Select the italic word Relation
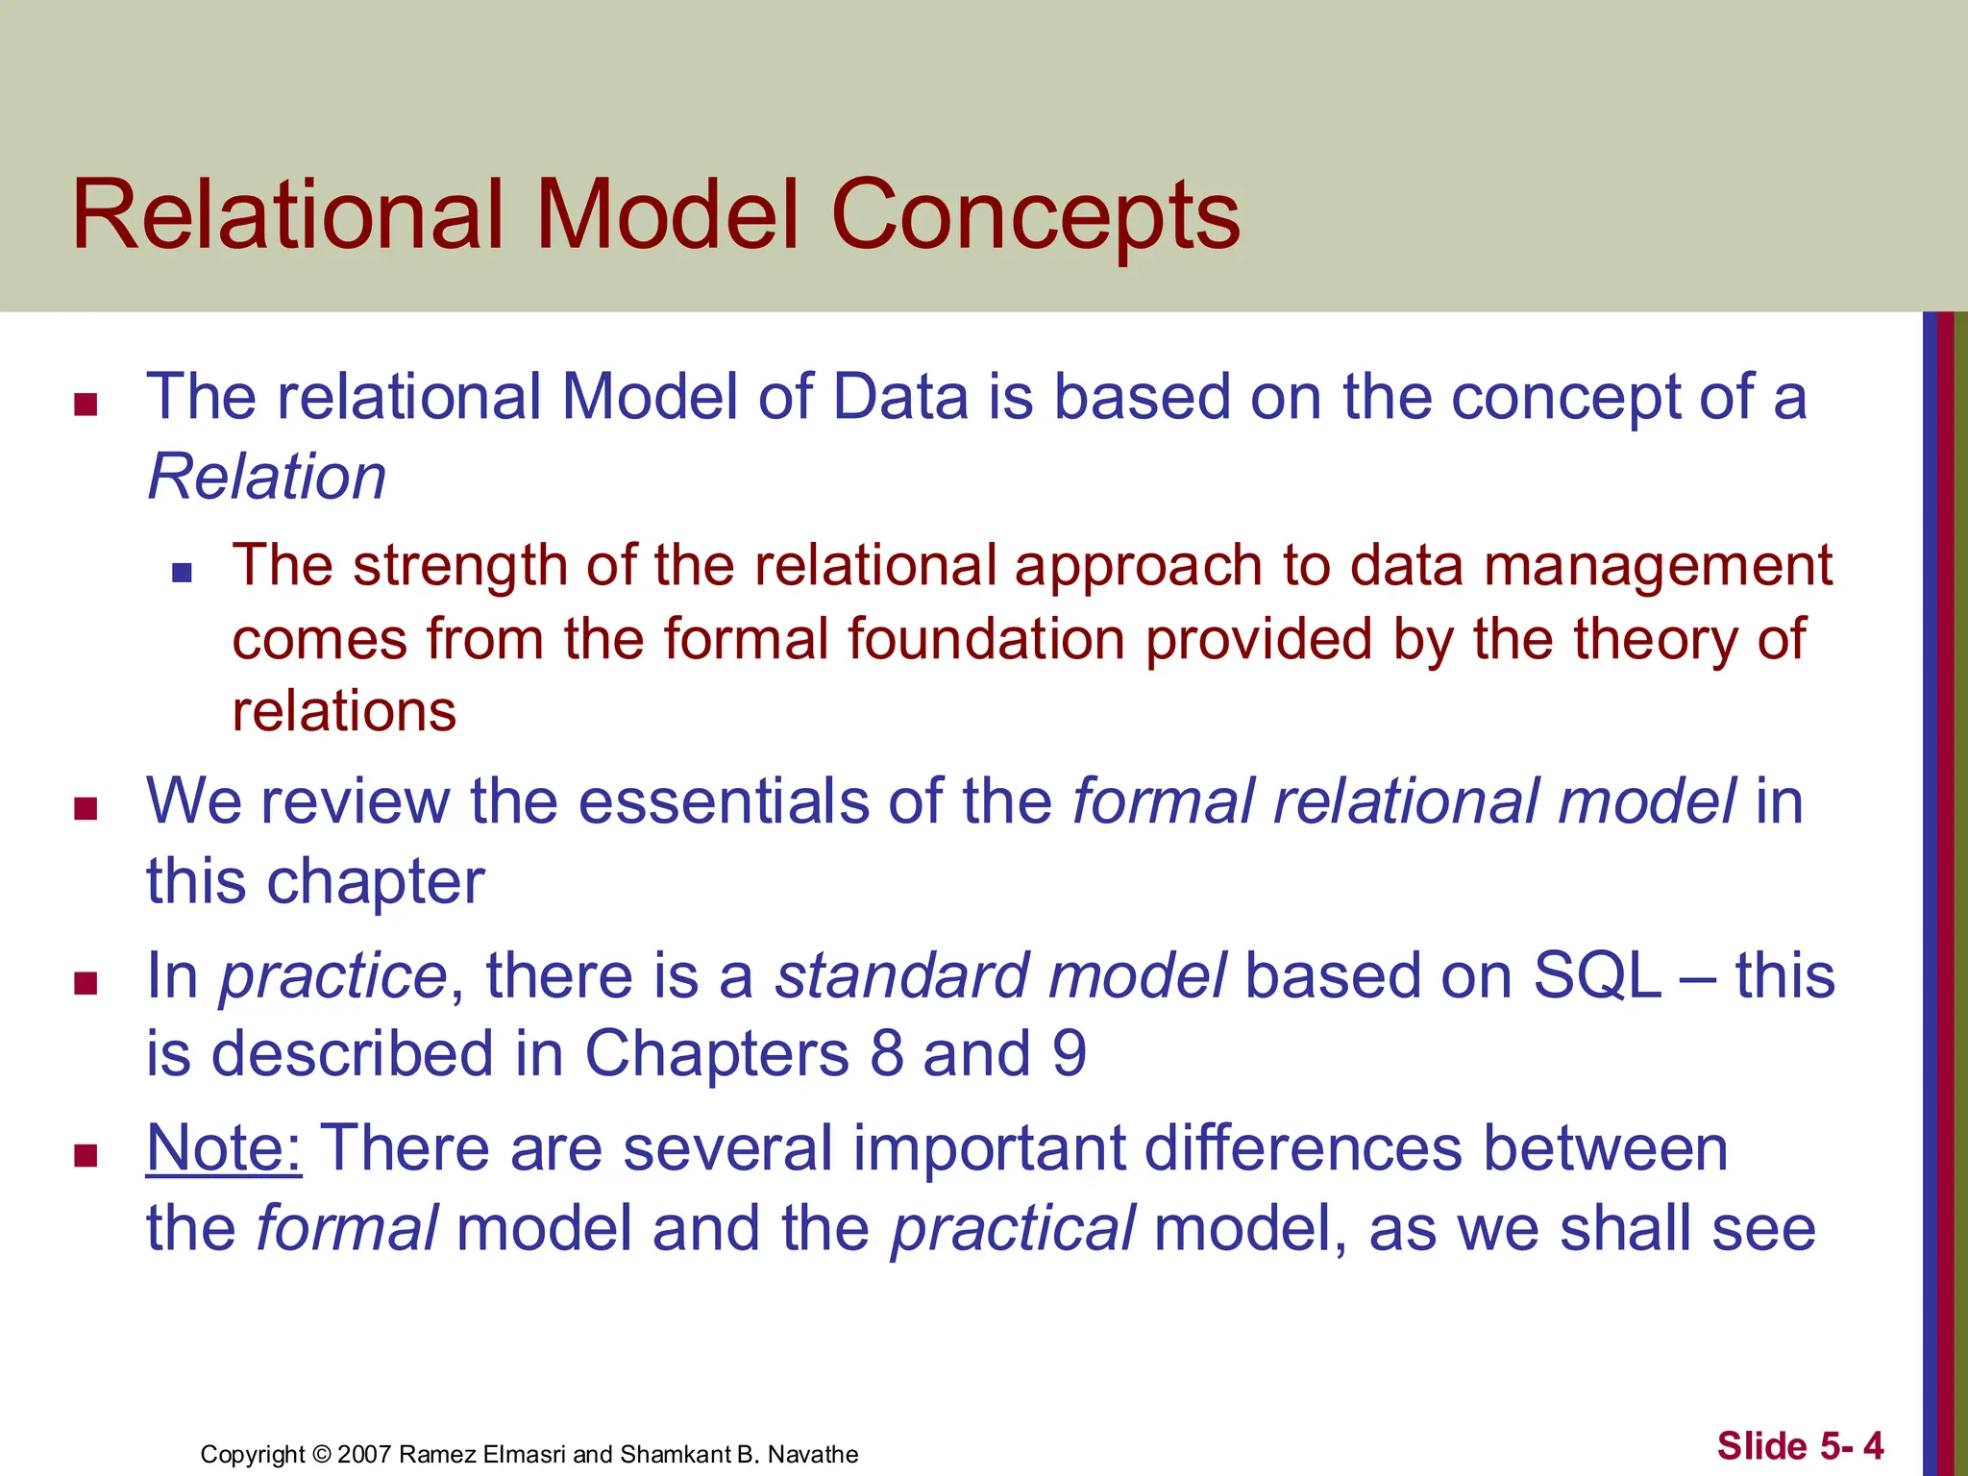click(267, 477)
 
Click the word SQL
click(1597, 975)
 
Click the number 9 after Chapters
click(1069, 1054)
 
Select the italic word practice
click(333, 977)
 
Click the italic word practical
click(1013, 1229)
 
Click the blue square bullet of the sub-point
click(182, 574)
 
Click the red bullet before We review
click(86, 809)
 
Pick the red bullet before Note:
click(86, 1155)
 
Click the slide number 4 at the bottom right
click(1873, 1445)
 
